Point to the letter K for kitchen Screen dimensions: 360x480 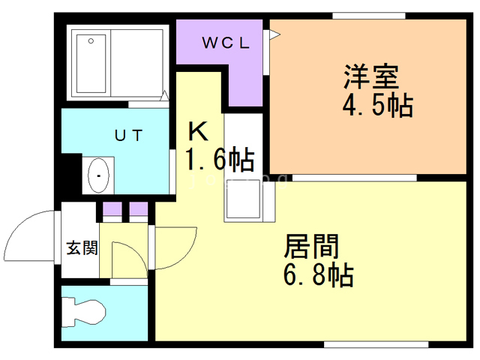[197, 132]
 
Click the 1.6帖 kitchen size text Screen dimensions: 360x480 [219, 160]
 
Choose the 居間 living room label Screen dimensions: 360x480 [311, 247]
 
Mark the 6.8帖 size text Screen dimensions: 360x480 [318, 275]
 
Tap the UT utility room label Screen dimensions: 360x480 [128, 135]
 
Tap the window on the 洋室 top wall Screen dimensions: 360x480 [368, 15]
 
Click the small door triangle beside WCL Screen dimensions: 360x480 [274, 33]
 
